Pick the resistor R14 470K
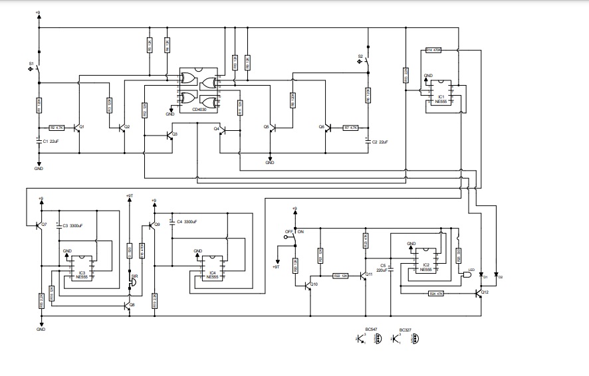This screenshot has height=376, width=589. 433,50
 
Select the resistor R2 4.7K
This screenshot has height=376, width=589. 57,127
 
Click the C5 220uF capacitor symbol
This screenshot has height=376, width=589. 391,269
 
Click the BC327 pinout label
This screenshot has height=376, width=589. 405,329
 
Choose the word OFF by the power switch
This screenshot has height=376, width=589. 289,232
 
